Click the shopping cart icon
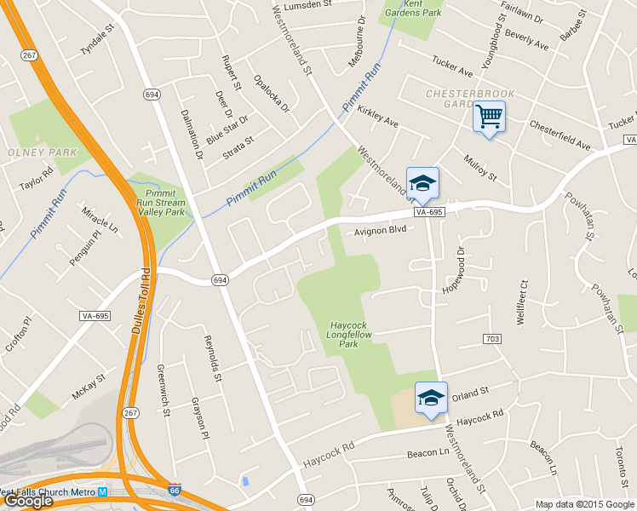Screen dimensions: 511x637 (x=489, y=117)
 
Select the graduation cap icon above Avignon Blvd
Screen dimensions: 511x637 (x=422, y=183)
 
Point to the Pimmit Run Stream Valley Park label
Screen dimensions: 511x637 (x=160, y=203)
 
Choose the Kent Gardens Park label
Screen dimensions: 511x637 (x=423, y=9)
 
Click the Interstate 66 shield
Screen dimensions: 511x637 (x=175, y=491)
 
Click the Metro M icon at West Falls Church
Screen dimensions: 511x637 (x=102, y=492)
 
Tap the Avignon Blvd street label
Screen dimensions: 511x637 (x=381, y=230)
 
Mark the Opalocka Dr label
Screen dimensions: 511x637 (x=272, y=94)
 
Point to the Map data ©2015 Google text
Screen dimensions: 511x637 (x=585, y=504)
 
